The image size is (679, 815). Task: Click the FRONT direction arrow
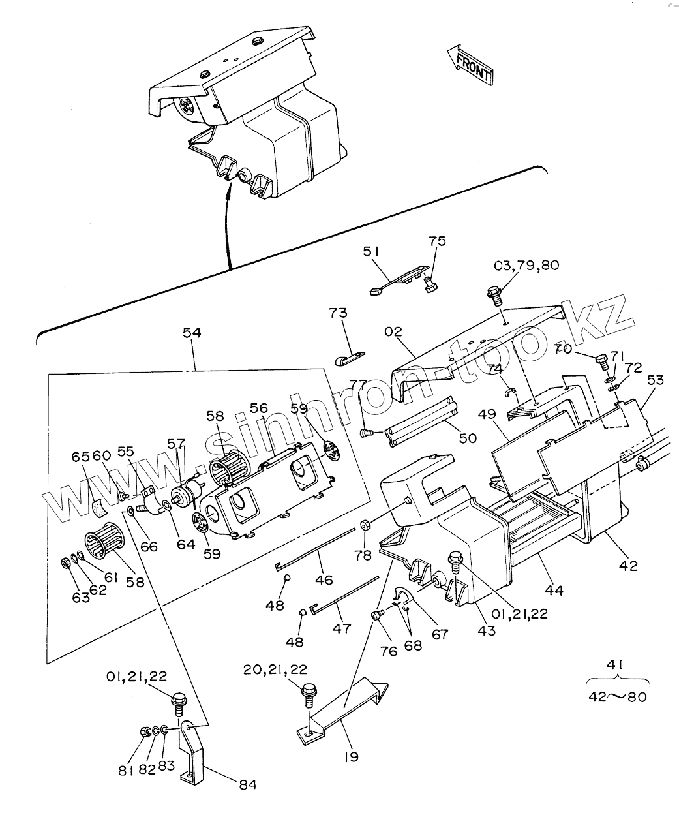pos(470,65)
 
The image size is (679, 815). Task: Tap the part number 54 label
pos(192,333)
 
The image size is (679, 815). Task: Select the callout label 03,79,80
pos(526,266)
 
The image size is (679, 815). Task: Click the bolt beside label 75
pos(430,283)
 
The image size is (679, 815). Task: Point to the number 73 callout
pos(339,313)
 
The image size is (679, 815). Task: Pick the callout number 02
pos(393,331)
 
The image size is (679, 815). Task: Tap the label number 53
pos(656,380)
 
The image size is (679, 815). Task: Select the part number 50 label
pos(468,438)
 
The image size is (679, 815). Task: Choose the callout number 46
pos(324,579)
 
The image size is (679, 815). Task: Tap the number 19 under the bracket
pos(352,757)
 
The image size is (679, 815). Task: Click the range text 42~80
pos(617,697)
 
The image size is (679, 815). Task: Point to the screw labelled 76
pos(376,615)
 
